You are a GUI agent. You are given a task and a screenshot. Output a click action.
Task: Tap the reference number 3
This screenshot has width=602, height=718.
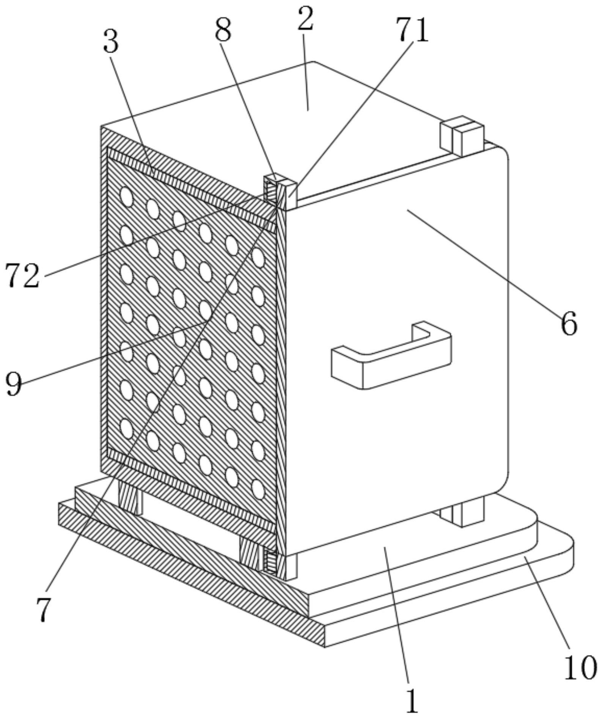(111, 42)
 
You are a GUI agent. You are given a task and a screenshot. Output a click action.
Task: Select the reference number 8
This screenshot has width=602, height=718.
(223, 31)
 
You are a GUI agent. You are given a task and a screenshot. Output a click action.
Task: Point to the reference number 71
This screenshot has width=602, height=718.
(412, 31)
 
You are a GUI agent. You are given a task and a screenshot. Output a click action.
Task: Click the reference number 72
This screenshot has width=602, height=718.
(22, 276)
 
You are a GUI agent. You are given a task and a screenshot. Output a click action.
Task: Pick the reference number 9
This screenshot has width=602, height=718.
(14, 383)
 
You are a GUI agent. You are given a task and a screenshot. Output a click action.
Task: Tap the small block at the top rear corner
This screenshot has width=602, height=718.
(462, 136)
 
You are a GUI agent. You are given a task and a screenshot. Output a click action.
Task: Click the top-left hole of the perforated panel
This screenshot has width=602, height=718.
(127, 197)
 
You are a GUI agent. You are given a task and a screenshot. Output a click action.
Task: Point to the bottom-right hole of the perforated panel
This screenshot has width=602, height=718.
(258, 490)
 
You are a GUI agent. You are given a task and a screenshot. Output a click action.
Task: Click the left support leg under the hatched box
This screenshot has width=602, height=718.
(130, 496)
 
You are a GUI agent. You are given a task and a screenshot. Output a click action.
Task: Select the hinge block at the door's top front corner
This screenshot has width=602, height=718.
(281, 191)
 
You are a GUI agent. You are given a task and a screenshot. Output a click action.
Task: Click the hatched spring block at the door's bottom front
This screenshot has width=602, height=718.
(270, 561)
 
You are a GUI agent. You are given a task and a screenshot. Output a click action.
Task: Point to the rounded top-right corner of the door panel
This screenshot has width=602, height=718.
(504, 152)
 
